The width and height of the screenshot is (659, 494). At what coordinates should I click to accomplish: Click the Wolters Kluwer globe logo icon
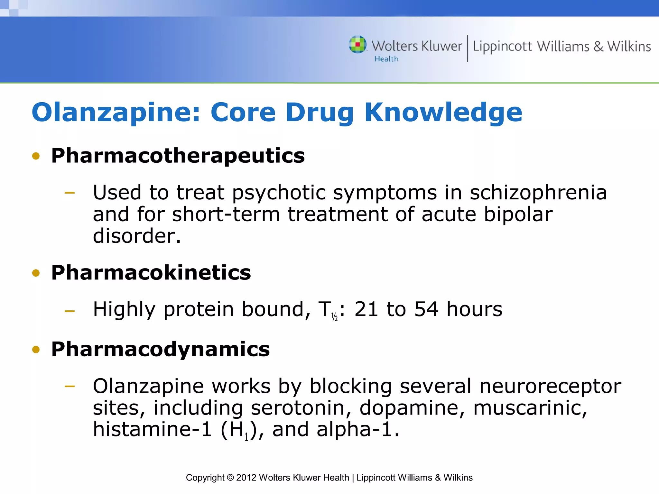[358, 44]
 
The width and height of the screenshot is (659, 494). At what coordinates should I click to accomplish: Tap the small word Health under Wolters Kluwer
[386, 59]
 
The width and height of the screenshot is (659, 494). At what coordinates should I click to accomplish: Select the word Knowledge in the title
[443, 112]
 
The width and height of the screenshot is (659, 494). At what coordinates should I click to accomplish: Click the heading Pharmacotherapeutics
[178, 156]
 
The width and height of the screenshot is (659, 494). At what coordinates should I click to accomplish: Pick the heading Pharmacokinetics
[151, 273]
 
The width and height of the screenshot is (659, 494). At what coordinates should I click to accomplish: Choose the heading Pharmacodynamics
[160, 349]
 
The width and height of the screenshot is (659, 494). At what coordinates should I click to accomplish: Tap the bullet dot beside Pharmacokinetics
[36, 273]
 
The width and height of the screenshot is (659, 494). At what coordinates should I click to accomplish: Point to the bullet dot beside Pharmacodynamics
[36, 350]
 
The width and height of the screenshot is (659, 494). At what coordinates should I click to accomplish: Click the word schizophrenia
[538, 193]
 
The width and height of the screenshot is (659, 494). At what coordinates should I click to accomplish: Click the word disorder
[137, 236]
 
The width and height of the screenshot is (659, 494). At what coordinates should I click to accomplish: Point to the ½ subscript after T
[335, 317]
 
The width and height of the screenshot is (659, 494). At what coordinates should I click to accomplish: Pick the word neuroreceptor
[550, 386]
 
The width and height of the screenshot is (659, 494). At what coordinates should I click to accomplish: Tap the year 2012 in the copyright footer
[246, 478]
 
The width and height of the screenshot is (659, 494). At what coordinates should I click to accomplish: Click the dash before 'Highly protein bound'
[70, 311]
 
